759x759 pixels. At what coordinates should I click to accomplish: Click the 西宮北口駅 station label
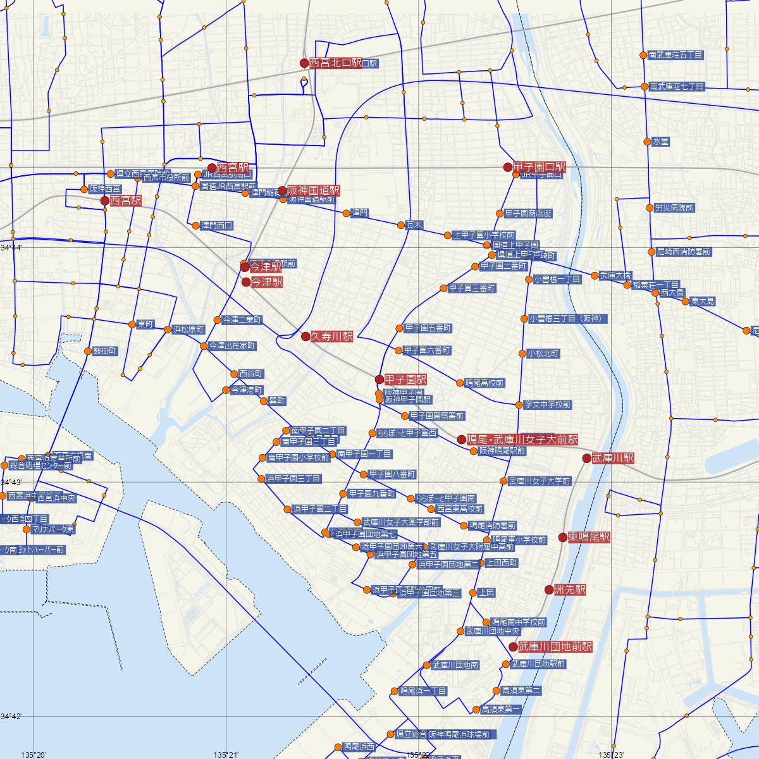335,63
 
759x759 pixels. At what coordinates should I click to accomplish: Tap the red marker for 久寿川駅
305,336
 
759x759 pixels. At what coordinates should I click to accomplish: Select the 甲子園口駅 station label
540,167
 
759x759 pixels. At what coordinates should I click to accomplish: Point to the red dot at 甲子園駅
379,379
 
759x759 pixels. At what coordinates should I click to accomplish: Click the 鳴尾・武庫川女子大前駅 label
522,439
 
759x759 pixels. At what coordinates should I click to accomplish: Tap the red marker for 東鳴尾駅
563,537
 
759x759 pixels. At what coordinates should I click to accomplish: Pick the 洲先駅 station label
569,589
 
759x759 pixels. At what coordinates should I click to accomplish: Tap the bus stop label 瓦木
414,225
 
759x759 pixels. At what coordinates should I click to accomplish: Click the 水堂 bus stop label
660,142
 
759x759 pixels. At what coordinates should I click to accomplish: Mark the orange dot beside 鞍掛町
87,350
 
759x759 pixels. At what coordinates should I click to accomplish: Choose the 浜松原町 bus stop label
188,330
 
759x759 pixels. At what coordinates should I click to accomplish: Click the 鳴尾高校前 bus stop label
484,383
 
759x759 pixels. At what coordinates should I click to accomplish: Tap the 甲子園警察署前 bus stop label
436,416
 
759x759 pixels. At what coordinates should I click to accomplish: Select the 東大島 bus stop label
703,301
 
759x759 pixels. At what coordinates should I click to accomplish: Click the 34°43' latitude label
11,483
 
